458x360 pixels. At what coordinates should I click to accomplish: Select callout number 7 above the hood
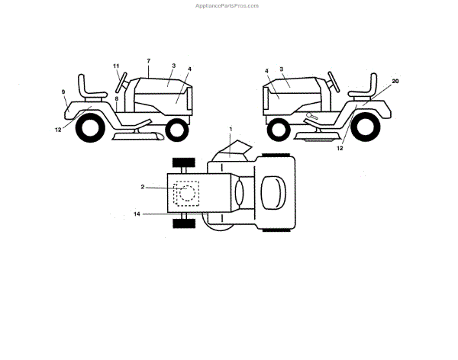click(x=148, y=60)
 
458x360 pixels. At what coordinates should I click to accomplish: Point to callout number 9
click(x=63, y=92)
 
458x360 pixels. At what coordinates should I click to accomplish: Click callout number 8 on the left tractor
click(x=116, y=99)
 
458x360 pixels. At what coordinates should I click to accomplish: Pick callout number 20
click(x=395, y=80)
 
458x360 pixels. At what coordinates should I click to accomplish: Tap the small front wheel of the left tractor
click(x=176, y=129)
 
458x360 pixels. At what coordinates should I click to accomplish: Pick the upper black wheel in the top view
click(x=182, y=163)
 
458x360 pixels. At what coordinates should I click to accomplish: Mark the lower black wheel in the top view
click(x=182, y=222)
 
